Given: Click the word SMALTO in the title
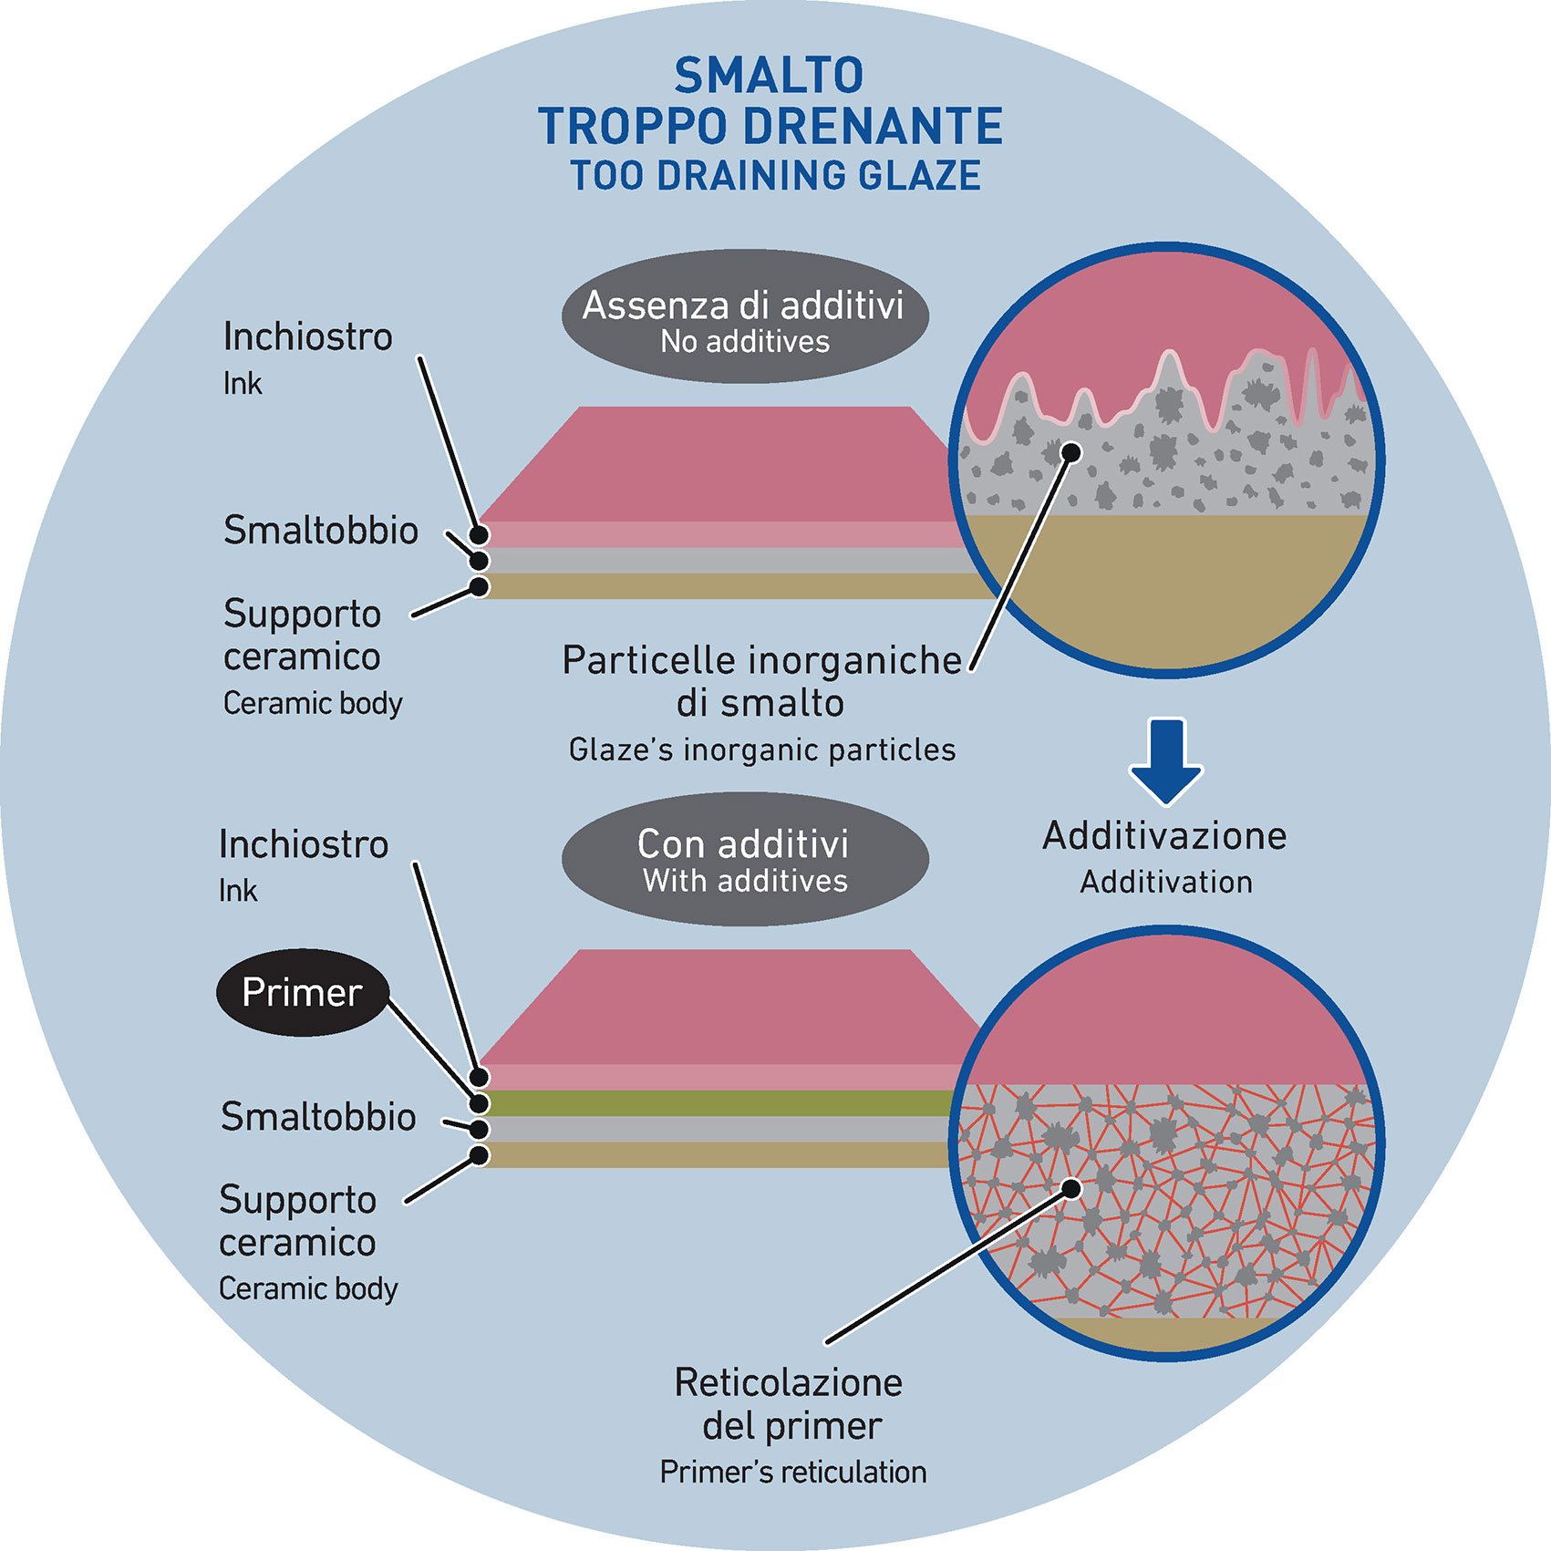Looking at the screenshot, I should pyautogui.click(x=769, y=76).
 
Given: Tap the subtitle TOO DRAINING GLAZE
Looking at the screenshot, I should pyautogui.click(x=775, y=176).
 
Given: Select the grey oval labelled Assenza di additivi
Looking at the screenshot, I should pyautogui.click(x=745, y=316).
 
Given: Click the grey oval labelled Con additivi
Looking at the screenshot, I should pyautogui.click(x=745, y=859).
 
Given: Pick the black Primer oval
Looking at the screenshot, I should pyautogui.click(x=302, y=992).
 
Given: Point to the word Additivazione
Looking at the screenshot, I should pyautogui.click(x=1164, y=836).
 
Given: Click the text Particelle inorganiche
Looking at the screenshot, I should pyautogui.click(x=761, y=660).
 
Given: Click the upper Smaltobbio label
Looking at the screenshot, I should pyautogui.click(x=321, y=531).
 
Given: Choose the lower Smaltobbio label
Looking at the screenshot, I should pyautogui.click(x=318, y=1117).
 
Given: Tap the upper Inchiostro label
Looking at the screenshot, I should pyautogui.click(x=307, y=337).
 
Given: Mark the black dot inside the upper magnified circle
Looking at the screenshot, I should pyautogui.click(x=1072, y=452).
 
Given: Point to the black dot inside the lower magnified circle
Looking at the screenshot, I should pyautogui.click(x=1072, y=1188).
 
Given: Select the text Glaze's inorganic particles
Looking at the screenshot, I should pyautogui.click(x=762, y=750).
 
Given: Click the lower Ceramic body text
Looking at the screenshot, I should pyautogui.click(x=308, y=1288).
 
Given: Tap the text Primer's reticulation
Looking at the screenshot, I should pyautogui.click(x=792, y=1472).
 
